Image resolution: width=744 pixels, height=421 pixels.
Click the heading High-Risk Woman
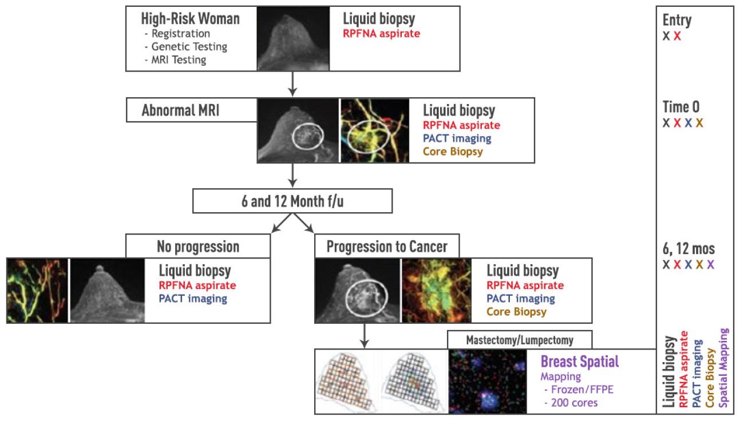pyautogui.click(x=190, y=19)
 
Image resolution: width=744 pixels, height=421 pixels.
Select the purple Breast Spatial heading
pyautogui.click(x=580, y=362)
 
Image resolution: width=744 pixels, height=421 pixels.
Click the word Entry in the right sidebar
pyautogui.click(x=676, y=21)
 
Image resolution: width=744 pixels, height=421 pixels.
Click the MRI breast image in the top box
pyautogui.click(x=293, y=38)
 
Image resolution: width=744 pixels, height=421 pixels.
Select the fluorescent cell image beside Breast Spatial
pyautogui.click(x=488, y=381)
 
